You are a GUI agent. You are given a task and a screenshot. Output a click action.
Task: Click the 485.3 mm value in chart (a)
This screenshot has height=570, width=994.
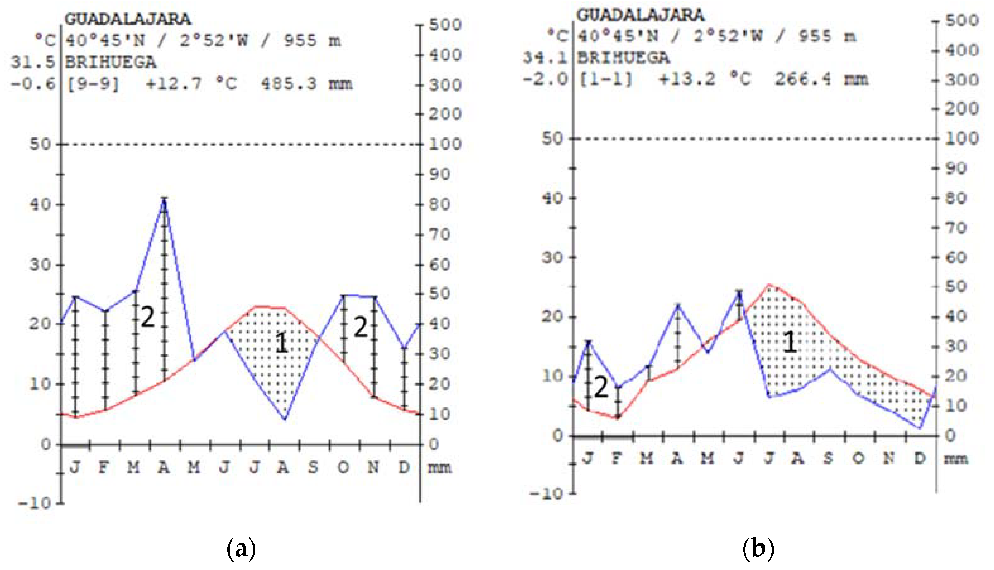tap(306, 84)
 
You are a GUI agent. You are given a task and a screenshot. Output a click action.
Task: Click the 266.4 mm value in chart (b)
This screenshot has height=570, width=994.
tap(821, 80)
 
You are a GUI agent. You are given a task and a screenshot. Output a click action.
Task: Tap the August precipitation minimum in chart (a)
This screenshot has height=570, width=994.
tap(285, 419)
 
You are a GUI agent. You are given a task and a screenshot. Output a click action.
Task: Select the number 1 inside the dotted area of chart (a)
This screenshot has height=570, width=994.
tap(282, 343)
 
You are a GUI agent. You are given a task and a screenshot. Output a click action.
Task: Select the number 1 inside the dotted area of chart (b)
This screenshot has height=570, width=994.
tap(789, 342)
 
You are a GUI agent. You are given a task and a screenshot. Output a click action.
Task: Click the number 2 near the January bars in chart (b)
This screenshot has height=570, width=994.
tap(601, 387)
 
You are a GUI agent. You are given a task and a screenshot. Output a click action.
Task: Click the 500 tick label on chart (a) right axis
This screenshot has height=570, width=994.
tap(445, 25)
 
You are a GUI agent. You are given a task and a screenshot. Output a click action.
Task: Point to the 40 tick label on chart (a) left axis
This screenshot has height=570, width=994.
tap(41, 204)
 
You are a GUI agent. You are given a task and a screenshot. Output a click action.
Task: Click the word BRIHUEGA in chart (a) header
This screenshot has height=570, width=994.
tap(111, 62)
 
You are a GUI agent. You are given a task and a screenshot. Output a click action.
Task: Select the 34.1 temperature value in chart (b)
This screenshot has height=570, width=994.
tap(545, 58)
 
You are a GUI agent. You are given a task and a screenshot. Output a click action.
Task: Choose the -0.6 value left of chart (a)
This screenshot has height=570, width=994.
tap(33, 84)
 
